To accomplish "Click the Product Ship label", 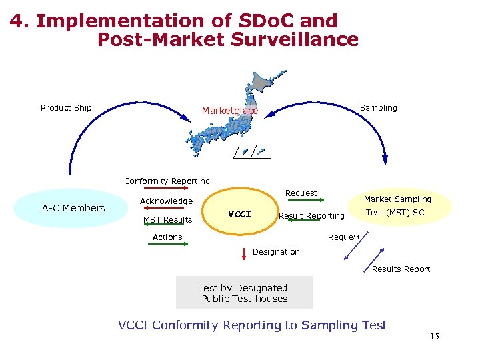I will [66, 108].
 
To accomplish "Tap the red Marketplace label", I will [229, 111].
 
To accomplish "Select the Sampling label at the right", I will [378, 108].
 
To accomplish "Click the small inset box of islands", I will [253, 152].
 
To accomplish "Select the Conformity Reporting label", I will [167, 181].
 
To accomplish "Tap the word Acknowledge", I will [166, 201].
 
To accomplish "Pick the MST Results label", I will [167, 220].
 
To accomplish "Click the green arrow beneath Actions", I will [167, 245].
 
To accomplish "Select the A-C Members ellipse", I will [73, 208].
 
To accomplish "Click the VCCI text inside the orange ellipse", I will [239, 214].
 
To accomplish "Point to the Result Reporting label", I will [311, 216].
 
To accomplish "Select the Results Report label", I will [401, 269].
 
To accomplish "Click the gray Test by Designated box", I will [244, 293].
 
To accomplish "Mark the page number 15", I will [434, 337].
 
